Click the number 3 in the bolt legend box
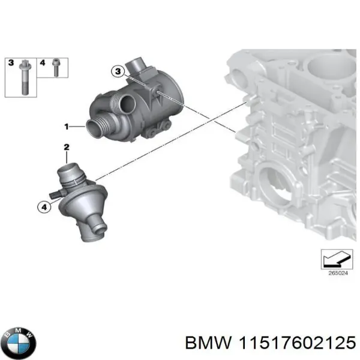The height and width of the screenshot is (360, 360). [x=10, y=62]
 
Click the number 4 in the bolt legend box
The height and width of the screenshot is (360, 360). [x=42, y=62]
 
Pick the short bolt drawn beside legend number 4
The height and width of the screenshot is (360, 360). [x=55, y=69]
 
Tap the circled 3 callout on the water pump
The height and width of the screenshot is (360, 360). [x=118, y=72]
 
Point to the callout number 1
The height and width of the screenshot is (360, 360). [x=67, y=127]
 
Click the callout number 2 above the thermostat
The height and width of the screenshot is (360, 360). [x=67, y=146]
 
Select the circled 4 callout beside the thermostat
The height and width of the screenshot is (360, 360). [x=43, y=208]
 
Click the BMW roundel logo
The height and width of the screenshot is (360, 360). [x=19, y=343]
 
